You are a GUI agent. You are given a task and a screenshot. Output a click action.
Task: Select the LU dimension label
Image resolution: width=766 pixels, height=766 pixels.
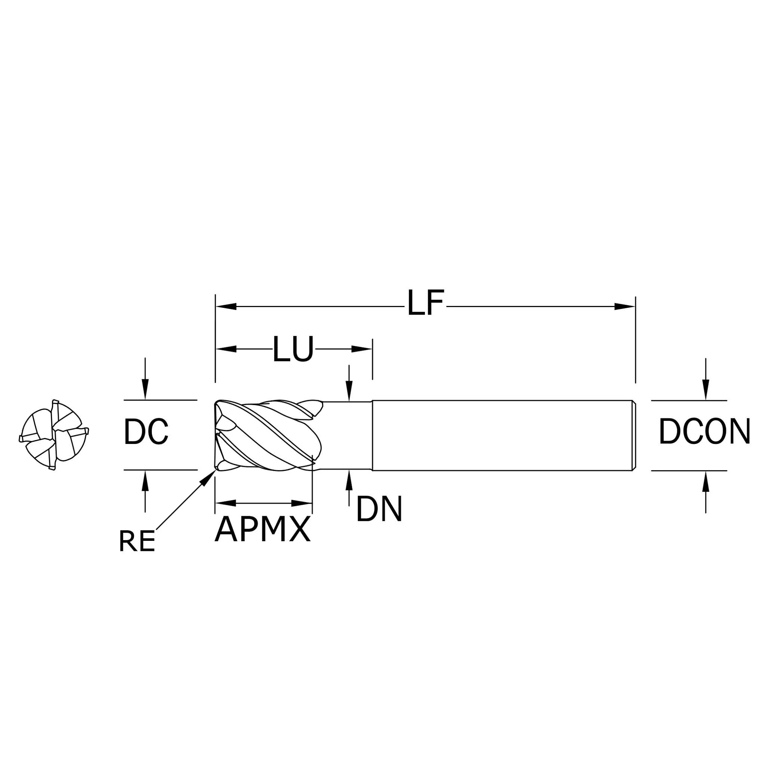293,349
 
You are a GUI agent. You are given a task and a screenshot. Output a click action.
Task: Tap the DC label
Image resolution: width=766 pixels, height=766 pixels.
146,432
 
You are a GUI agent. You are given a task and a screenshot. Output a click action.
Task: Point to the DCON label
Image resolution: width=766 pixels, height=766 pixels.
705,432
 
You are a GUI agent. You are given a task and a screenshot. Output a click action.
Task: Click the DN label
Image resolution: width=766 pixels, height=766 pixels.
379,509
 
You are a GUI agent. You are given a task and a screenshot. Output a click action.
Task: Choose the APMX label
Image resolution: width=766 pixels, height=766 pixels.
263,529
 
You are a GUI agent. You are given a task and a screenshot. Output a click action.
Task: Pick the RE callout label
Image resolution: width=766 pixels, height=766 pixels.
137,542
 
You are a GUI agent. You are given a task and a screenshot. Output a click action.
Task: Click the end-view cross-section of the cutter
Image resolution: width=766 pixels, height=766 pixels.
54,435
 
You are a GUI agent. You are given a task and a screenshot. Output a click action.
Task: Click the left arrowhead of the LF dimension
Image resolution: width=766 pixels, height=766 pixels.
226,306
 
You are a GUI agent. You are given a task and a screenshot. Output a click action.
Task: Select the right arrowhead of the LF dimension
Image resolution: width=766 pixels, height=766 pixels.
625,306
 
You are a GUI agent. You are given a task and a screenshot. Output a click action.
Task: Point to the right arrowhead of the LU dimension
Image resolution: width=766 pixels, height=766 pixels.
362,349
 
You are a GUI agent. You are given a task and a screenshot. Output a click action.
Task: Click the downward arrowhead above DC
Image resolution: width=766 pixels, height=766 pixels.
145,389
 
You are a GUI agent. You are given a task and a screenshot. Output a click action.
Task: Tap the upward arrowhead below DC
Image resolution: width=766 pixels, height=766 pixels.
145,481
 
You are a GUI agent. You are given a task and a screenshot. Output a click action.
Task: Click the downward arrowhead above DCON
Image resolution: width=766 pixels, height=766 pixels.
706,390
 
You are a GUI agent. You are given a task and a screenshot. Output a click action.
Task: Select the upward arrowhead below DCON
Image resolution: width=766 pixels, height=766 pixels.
706,481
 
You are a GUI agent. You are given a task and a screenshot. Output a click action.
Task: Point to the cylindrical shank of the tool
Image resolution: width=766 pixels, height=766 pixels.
503,435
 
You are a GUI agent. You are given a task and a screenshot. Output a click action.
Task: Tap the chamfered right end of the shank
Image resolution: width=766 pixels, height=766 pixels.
634,435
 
